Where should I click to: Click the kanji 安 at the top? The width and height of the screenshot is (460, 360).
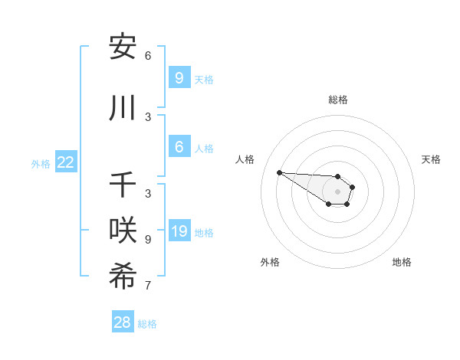[123, 47]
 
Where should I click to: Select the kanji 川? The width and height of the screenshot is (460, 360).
[123, 109]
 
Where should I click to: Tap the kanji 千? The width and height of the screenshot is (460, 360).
[123, 186]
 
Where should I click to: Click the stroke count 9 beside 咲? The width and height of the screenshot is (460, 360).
[148, 239]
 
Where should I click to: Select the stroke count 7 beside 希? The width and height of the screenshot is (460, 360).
[148, 286]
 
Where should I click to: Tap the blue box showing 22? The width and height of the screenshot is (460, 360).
[65, 162]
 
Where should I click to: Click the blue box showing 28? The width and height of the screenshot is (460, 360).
[122, 322]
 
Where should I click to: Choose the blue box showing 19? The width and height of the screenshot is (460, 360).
[179, 231]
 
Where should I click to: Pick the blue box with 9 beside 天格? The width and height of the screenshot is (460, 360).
[179, 78]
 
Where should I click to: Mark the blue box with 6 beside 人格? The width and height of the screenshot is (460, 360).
[179, 147]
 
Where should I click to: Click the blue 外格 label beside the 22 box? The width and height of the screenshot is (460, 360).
[41, 163]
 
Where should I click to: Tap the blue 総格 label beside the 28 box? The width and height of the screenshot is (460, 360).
[147, 324]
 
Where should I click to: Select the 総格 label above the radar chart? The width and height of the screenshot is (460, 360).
[338, 100]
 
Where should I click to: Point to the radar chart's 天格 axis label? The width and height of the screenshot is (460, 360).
[431, 159]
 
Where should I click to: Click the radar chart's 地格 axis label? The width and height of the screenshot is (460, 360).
[402, 262]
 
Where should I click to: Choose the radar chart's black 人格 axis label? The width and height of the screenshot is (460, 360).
[245, 159]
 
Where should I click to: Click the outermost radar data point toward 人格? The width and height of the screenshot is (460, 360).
[279, 172]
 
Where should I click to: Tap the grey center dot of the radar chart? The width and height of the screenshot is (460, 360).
[338, 191]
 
